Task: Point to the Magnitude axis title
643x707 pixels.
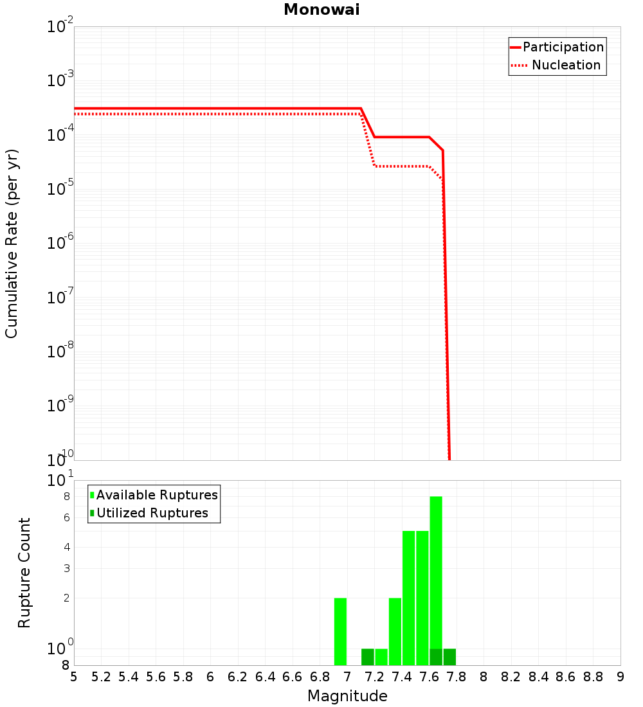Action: [347, 696]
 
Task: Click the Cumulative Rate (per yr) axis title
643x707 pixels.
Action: [12, 244]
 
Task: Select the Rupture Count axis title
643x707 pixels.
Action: [24, 573]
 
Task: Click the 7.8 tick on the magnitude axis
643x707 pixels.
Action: [484, 677]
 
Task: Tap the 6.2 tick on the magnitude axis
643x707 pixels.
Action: [237, 677]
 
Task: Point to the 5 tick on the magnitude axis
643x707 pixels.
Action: [74, 677]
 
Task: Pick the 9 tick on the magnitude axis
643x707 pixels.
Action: [620, 677]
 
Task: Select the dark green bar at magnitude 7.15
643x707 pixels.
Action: [368, 657]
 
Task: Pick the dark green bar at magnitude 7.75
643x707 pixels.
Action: [449, 657]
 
